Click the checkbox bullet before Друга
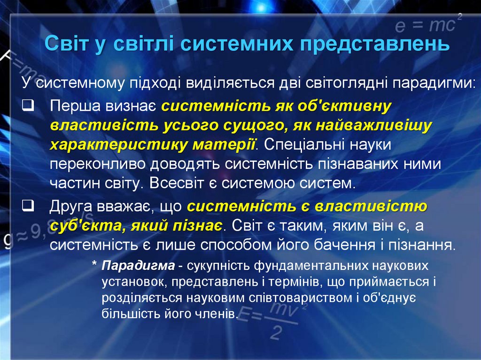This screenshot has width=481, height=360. coord(27,205)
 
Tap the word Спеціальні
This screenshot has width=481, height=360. coord(303,145)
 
